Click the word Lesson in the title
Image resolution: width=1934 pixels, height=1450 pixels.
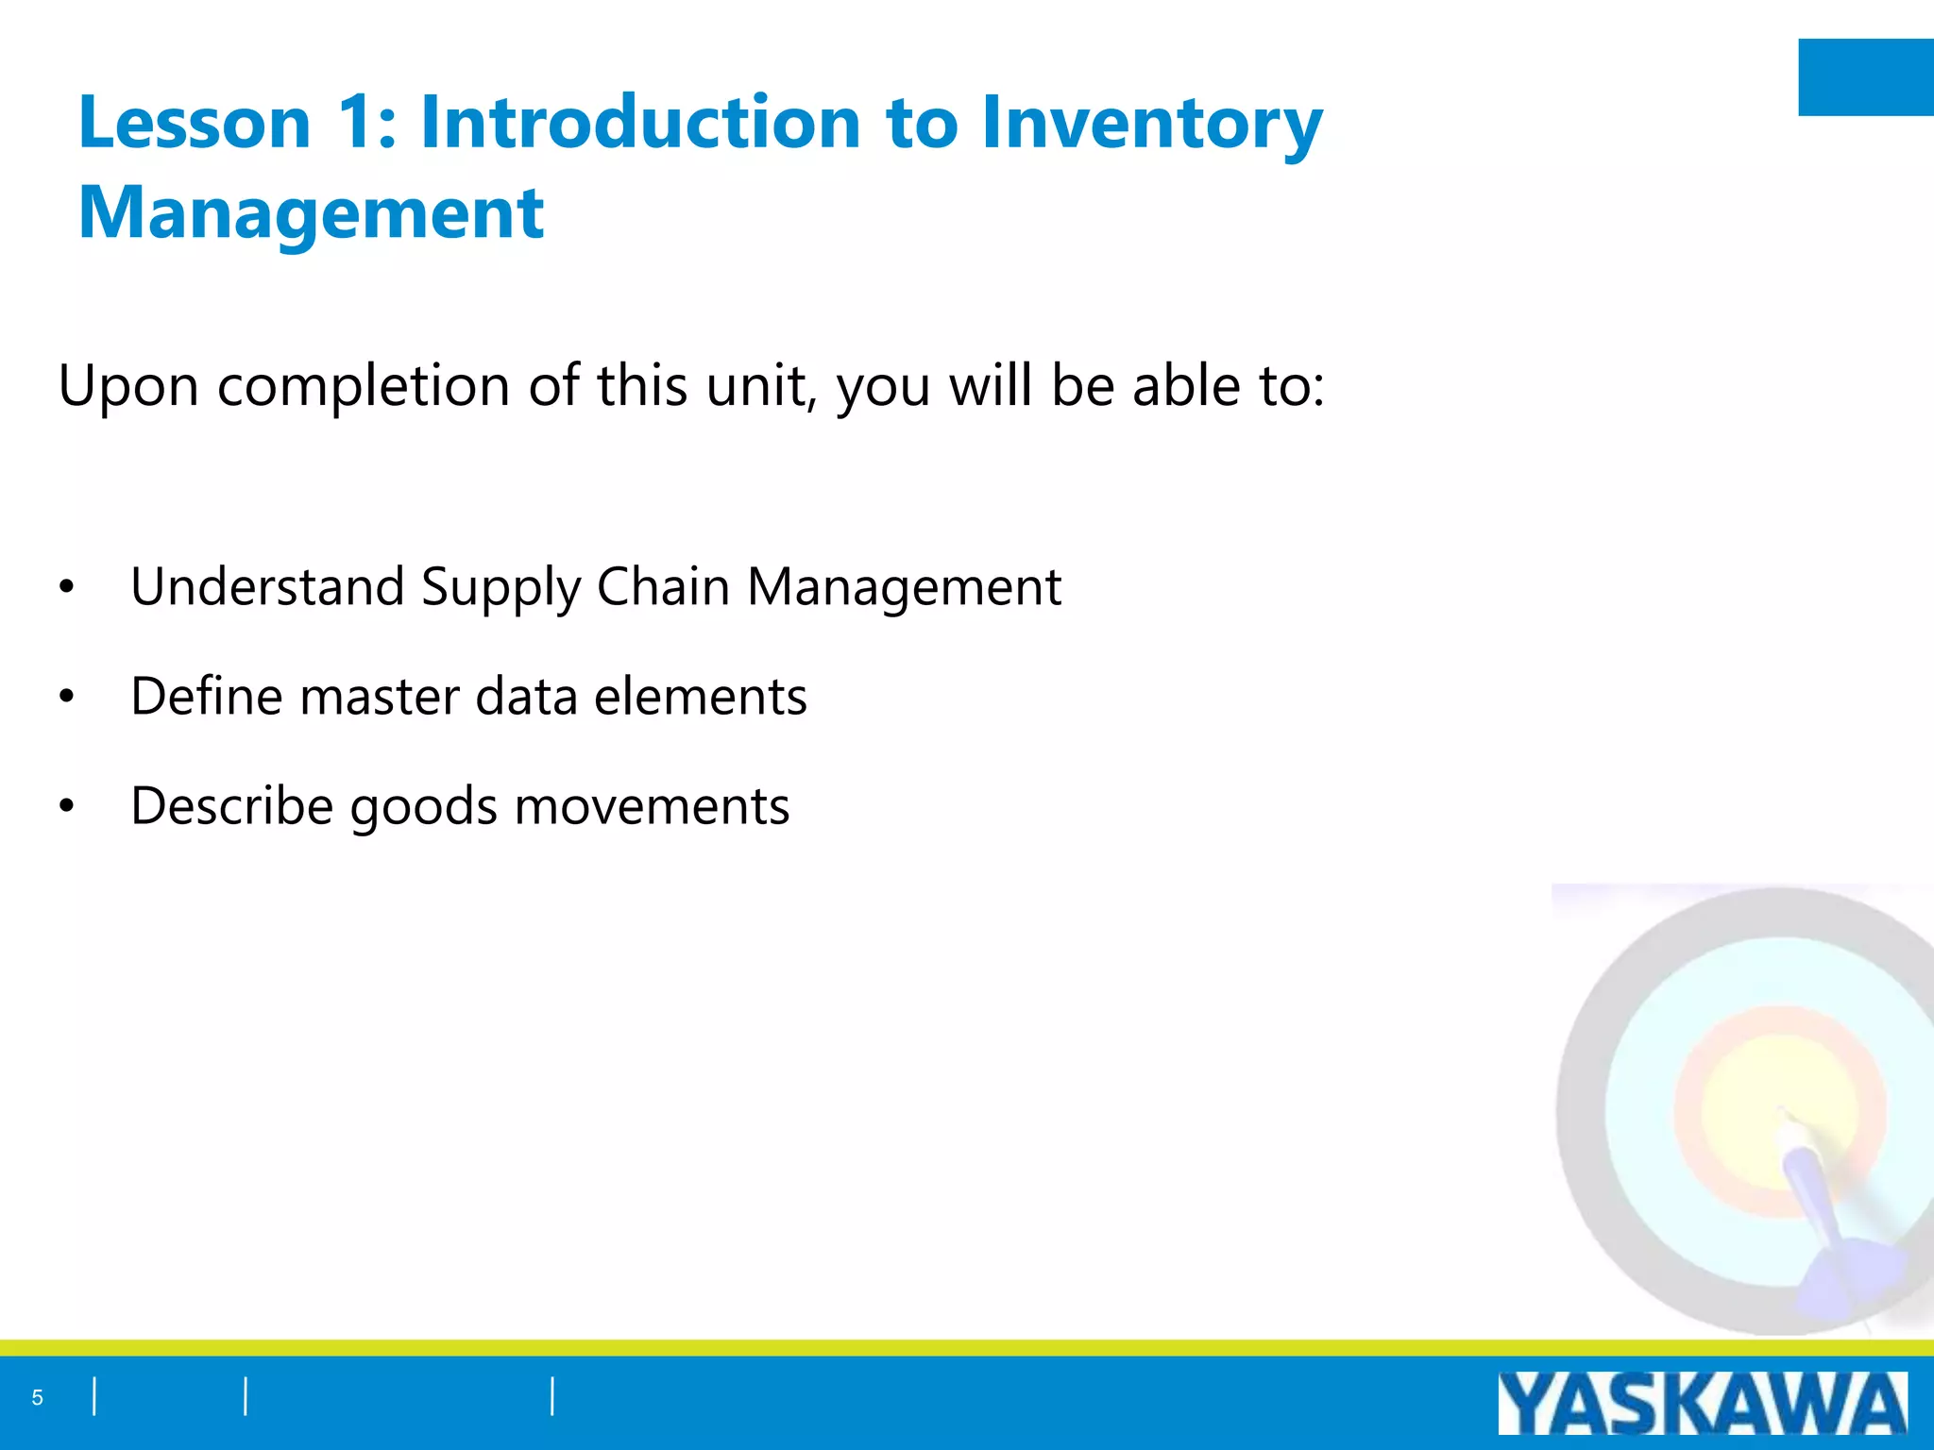pyautogui.click(x=194, y=123)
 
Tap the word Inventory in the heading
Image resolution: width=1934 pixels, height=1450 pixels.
pyautogui.click(x=1151, y=123)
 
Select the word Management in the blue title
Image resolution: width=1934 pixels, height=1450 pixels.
pyautogui.click(x=311, y=213)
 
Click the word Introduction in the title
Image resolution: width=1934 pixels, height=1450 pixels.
pyautogui.click(x=640, y=123)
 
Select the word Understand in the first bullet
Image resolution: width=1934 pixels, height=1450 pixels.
pyautogui.click(x=267, y=587)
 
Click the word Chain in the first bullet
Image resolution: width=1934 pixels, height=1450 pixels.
pyautogui.click(x=663, y=587)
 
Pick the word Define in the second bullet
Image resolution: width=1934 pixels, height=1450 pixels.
pyautogui.click(x=206, y=697)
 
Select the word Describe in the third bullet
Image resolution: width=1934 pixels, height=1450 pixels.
pyautogui.click(x=232, y=806)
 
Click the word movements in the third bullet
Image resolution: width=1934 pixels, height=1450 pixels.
pyautogui.click(x=652, y=806)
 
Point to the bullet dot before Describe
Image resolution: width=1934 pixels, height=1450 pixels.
pyautogui.click(x=66, y=806)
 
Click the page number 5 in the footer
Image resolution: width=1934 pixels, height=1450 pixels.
pyautogui.click(x=38, y=1398)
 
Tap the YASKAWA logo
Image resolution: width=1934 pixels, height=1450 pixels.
pyautogui.click(x=1702, y=1404)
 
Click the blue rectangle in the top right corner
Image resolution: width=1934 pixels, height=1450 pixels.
pyautogui.click(x=1865, y=77)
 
